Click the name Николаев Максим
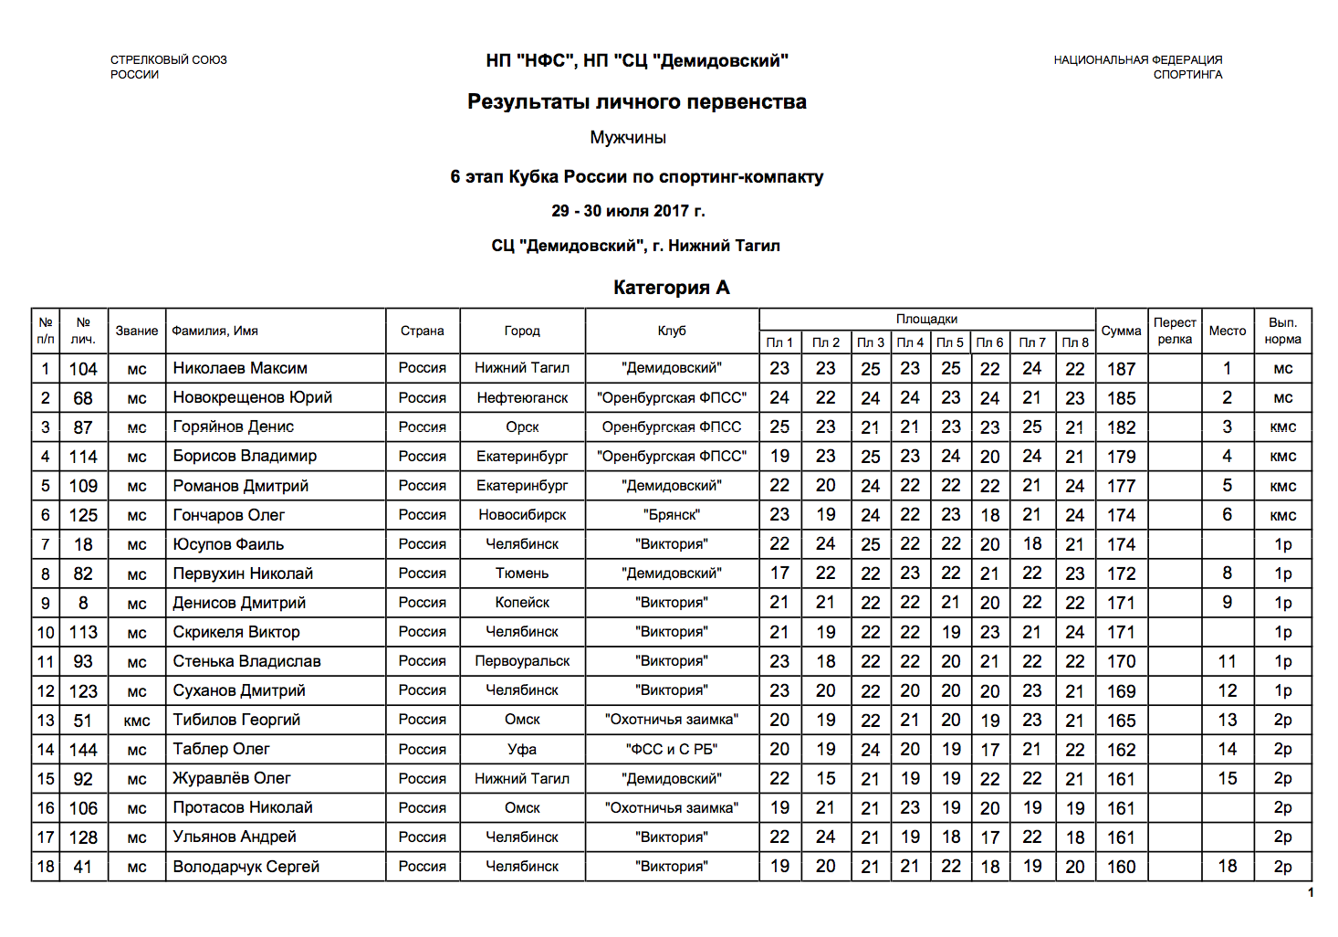tap(240, 368)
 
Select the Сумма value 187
tap(1121, 369)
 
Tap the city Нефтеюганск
tap(522, 398)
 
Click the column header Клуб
tap(672, 331)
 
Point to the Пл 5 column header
tap(950, 342)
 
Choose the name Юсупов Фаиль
tap(228, 544)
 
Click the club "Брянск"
tap(672, 515)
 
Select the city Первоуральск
tap(522, 661)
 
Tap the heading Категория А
tap(671, 288)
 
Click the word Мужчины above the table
tap(628, 138)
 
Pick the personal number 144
tap(83, 750)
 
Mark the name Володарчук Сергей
tap(246, 867)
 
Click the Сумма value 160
tap(1121, 867)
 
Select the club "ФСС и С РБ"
tap(672, 750)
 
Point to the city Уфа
tap(522, 750)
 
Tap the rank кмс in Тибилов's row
tap(137, 721)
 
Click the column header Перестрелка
tap(1175, 331)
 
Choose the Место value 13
tap(1228, 721)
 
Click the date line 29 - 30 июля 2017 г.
tap(628, 211)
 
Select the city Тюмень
tap(522, 574)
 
